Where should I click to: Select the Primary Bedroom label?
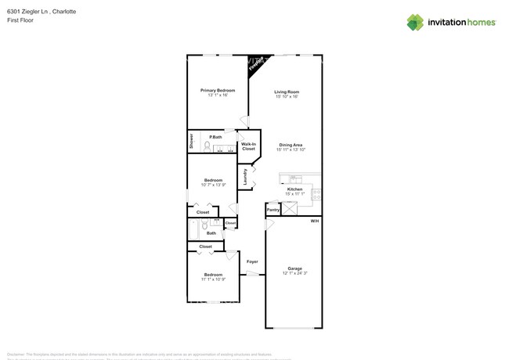click(x=217, y=90)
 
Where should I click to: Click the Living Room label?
click(x=287, y=92)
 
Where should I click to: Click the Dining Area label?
click(x=291, y=145)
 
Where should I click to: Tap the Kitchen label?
click(x=294, y=189)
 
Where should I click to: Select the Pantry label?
click(x=273, y=210)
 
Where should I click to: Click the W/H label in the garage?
click(x=314, y=221)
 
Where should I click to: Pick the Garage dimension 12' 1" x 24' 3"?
click(x=294, y=273)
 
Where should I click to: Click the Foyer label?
click(x=252, y=261)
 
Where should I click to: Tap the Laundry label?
click(x=245, y=178)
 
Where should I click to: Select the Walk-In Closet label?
click(x=248, y=146)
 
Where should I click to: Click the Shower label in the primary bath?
click(x=191, y=141)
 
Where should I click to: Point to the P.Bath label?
click(x=215, y=137)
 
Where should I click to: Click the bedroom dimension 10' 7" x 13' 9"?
click(x=213, y=185)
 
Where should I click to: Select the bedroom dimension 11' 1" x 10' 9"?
click(x=213, y=279)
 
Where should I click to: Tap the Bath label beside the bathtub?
click(x=211, y=232)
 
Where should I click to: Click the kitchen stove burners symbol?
click(x=316, y=195)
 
